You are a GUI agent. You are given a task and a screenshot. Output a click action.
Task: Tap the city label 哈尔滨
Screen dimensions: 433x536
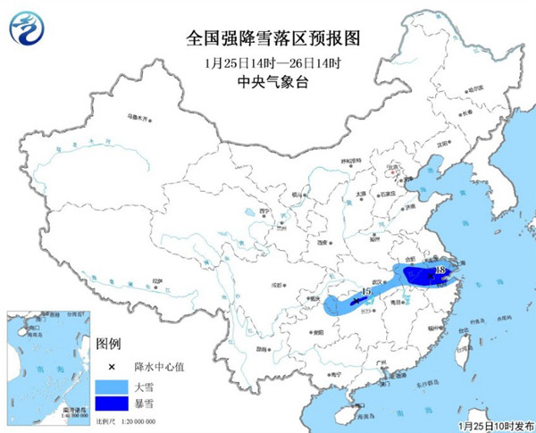(470, 89)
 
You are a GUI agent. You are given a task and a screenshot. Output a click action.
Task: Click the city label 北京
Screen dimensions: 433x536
(390, 167)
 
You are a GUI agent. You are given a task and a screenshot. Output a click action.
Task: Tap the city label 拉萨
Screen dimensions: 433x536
(158, 280)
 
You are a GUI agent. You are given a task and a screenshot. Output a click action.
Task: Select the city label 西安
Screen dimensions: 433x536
(319, 241)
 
